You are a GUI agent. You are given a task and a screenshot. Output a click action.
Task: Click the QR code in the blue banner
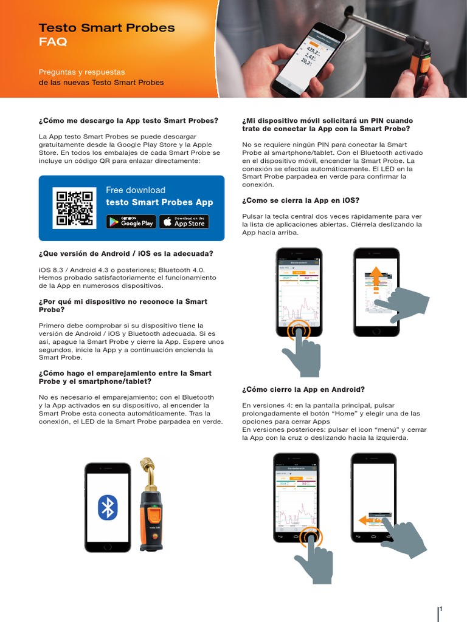pos(74,208)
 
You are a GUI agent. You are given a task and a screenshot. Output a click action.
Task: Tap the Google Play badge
pos(131,222)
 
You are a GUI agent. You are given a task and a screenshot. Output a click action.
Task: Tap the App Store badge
pos(184,222)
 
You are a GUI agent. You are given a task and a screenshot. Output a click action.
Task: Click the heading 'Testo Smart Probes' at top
pos(106,28)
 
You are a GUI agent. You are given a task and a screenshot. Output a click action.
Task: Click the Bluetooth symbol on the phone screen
pos(108,507)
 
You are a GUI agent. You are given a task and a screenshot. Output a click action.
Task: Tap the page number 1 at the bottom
pos(440,609)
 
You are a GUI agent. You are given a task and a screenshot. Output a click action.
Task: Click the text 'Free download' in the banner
pos(135,190)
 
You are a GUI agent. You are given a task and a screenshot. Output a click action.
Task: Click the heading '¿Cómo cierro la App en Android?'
pos(303,389)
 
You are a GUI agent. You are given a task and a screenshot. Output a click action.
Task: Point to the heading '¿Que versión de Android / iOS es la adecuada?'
pos(126,253)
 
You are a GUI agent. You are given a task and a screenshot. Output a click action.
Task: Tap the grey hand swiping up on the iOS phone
pos(404,304)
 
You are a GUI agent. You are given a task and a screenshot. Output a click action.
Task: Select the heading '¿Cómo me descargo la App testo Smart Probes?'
pos(128,121)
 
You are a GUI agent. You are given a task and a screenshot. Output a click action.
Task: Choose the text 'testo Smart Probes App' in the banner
pos(159,202)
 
